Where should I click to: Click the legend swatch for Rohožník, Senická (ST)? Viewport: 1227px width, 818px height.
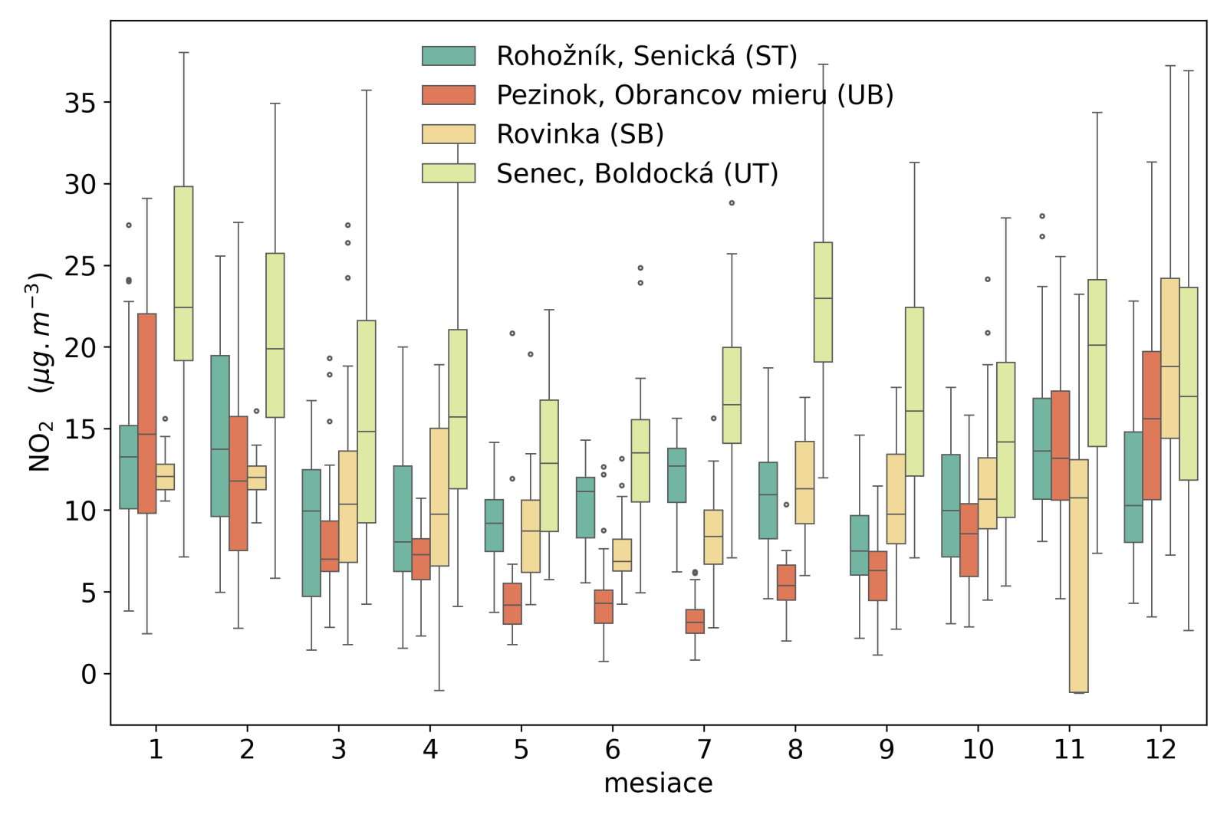tap(449, 56)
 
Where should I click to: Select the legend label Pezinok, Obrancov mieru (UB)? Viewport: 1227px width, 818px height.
tap(695, 95)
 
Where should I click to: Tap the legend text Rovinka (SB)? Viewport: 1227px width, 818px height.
tap(580, 134)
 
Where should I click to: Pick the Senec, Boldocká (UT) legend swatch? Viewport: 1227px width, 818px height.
tap(449, 173)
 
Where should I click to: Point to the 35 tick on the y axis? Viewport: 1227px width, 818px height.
tap(80, 103)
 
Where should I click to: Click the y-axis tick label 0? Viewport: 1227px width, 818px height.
tap(89, 675)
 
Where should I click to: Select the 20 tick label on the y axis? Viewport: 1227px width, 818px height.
tap(80, 348)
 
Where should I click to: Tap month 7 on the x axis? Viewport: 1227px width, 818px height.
tap(704, 749)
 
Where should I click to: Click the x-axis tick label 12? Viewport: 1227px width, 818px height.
tap(1160, 749)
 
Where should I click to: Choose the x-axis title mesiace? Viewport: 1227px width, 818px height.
tap(658, 784)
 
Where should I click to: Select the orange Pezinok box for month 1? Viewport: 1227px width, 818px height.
tap(147, 413)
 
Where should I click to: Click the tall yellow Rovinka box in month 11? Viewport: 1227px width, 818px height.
tap(1078, 575)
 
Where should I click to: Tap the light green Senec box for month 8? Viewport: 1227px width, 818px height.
tap(823, 302)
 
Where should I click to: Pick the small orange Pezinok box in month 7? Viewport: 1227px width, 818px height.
tap(695, 621)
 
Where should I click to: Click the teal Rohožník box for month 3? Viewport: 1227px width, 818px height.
tap(311, 533)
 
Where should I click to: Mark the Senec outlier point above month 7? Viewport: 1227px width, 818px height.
tap(732, 203)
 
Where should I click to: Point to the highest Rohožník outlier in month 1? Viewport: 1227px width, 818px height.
tap(129, 225)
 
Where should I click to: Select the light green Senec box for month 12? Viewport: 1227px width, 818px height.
tap(1188, 383)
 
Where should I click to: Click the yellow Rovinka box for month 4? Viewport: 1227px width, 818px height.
tap(439, 497)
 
